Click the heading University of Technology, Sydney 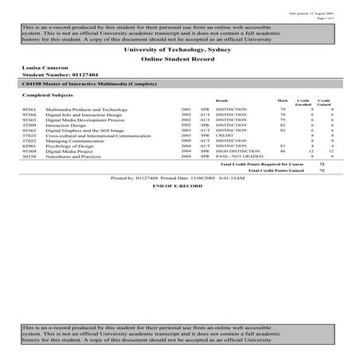point(180,49)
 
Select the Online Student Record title point(180,60)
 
